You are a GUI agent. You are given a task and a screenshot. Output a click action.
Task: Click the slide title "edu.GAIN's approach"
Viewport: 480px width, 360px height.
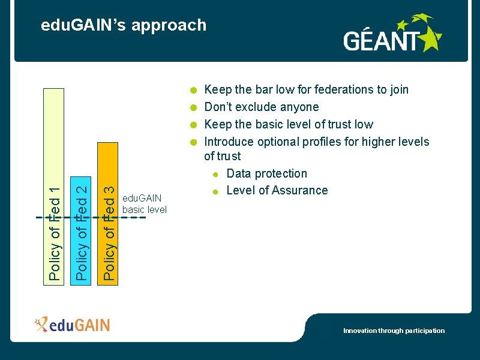click(x=123, y=25)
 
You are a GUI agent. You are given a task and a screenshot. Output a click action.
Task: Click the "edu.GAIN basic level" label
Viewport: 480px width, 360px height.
click(x=144, y=204)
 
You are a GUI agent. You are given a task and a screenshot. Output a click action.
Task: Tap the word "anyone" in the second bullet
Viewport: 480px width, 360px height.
click(x=300, y=107)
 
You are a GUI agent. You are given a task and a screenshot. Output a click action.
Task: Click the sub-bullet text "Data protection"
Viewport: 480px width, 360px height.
click(x=266, y=173)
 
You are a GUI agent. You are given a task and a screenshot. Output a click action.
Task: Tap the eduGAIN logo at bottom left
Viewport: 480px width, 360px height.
click(x=73, y=325)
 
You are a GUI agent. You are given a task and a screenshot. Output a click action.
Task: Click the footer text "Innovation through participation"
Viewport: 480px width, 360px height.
click(x=394, y=331)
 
